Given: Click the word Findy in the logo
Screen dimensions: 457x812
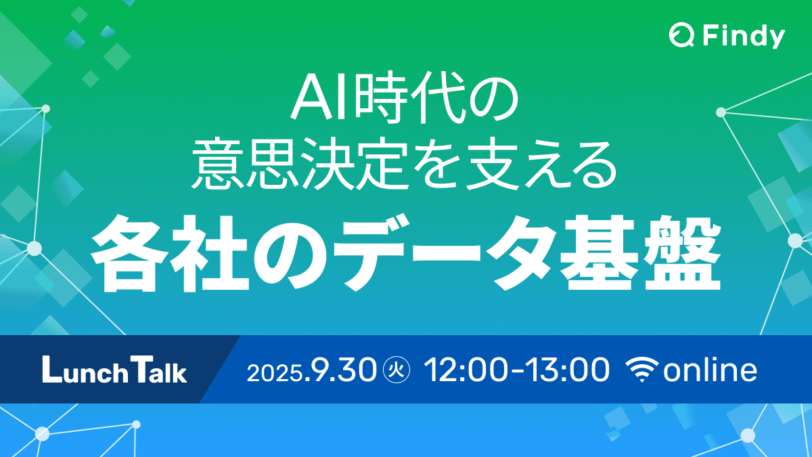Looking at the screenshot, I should [x=743, y=36].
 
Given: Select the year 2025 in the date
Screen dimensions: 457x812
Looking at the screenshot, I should [x=275, y=372].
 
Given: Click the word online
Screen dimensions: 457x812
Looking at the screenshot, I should [x=710, y=370].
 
